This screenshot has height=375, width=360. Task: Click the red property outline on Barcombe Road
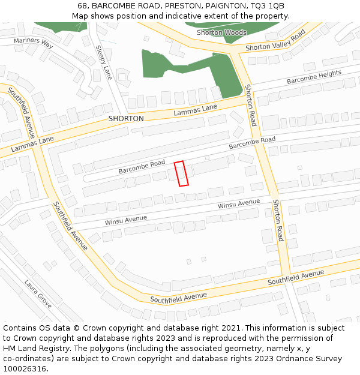(x=181, y=173)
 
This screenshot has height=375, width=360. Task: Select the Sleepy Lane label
(x=104, y=62)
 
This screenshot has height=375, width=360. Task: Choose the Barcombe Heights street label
(x=314, y=77)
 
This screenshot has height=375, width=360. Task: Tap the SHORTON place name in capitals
(x=126, y=119)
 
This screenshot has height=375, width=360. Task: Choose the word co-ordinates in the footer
(x=26, y=359)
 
